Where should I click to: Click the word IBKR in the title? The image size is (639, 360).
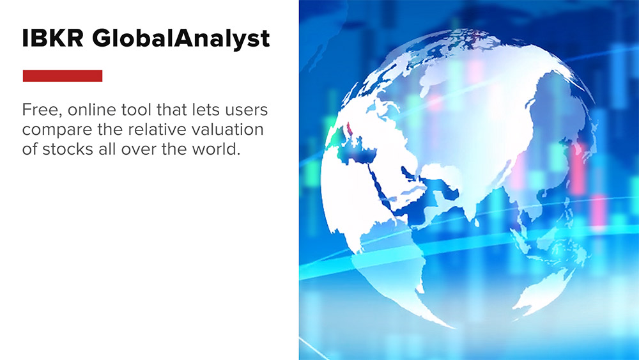[52, 39]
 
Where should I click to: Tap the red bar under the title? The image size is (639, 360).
[63, 75]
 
